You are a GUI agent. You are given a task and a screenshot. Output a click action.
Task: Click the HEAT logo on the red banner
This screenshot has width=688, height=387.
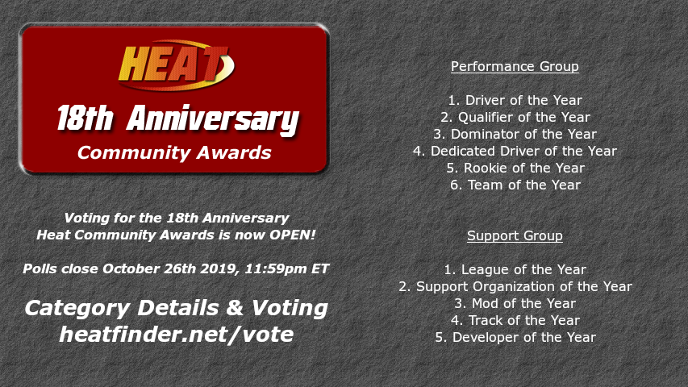pyautogui.click(x=177, y=65)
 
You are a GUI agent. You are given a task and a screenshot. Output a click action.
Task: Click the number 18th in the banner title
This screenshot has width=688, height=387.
pyautogui.click(x=85, y=119)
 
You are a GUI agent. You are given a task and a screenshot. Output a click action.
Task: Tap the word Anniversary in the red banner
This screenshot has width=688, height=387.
pyautogui.click(x=213, y=120)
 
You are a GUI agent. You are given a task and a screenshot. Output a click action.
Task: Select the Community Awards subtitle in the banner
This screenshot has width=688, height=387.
pyautogui.click(x=174, y=152)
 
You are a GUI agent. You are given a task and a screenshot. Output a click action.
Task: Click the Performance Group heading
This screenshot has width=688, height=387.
pyautogui.click(x=515, y=66)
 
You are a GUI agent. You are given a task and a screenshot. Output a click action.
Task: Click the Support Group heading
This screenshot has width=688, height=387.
pyautogui.click(x=515, y=235)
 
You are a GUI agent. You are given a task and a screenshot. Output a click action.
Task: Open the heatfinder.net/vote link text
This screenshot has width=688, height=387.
pyautogui.click(x=177, y=335)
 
